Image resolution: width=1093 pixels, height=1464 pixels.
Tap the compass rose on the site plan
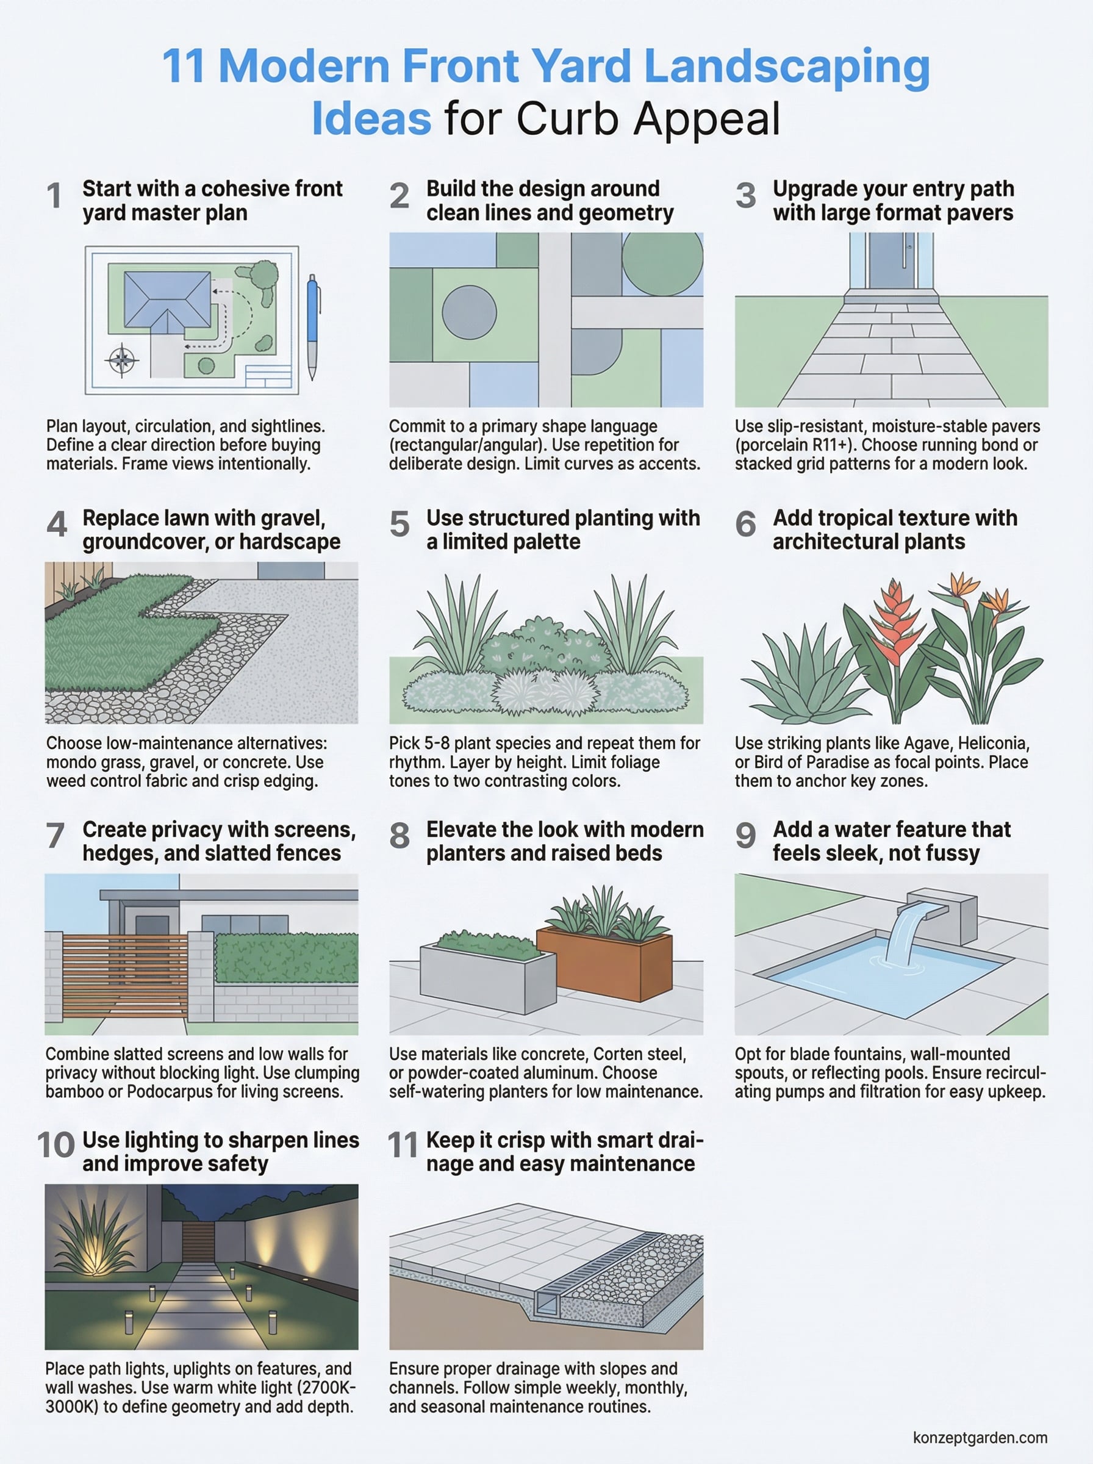tap(122, 361)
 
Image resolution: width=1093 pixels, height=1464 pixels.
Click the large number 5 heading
tap(400, 524)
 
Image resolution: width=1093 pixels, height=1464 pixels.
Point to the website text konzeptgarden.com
tap(980, 1438)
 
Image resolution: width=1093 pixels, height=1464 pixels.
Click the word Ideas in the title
tap(371, 120)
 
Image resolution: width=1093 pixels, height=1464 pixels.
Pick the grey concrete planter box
tap(487, 977)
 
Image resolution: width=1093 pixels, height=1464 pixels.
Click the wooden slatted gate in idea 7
tap(124, 976)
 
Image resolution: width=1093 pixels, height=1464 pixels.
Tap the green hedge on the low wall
tap(286, 958)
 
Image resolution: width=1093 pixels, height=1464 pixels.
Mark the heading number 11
tap(401, 1146)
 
